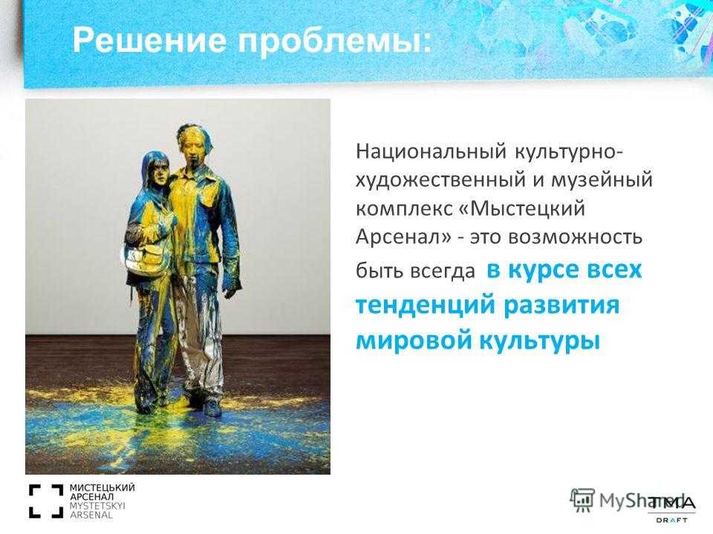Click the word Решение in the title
point(149,40)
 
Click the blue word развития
point(561,304)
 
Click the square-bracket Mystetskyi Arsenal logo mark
point(46,501)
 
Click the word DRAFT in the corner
point(671,521)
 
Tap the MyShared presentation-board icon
point(582,500)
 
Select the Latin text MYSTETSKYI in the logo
point(97,506)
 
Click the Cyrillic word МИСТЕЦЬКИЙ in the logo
point(102,488)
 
